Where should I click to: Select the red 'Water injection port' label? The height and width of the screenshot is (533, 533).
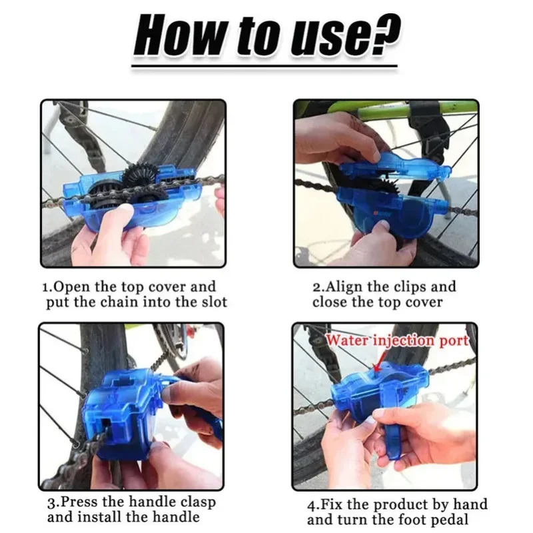[x=398, y=340]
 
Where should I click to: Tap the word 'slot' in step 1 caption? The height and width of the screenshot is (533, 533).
[x=213, y=302]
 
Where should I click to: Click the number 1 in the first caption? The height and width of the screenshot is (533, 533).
[x=46, y=288]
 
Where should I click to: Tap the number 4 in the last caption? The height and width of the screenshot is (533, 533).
[x=311, y=504]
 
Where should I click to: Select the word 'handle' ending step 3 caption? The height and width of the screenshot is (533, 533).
[x=175, y=517]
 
